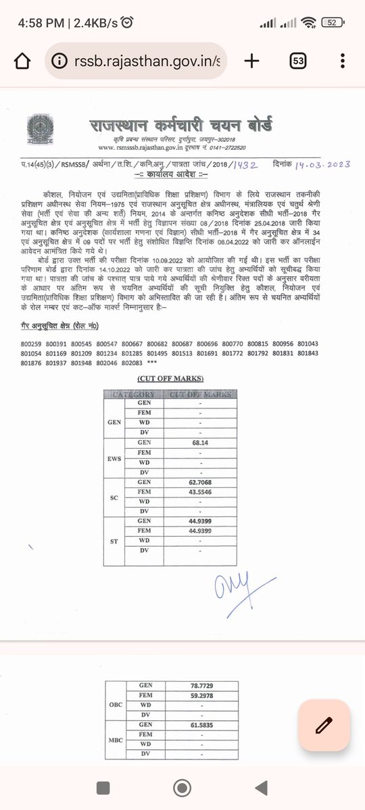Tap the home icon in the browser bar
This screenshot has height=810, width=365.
click(x=22, y=61)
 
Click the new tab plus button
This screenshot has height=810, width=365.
click(x=252, y=61)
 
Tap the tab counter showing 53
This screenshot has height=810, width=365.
click(x=298, y=61)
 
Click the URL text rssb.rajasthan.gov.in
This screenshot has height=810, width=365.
click(x=145, y=61)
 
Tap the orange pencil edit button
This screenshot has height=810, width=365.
click(x=324, y=726)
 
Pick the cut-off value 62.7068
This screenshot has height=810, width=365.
click(x=195, y=483)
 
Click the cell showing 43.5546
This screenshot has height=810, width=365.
click(x=195, y=493)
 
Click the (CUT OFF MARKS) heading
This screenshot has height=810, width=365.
click(x=169, y=379)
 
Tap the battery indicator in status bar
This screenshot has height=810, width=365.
click(x=332, y=22)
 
